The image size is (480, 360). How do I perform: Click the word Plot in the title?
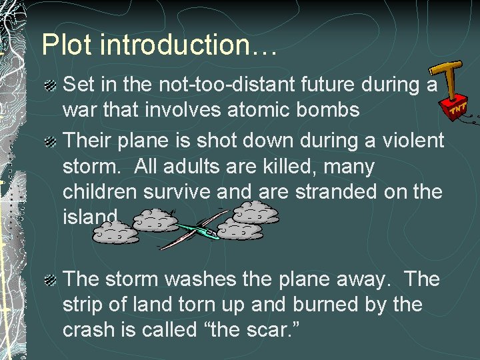click(x=69, y=45)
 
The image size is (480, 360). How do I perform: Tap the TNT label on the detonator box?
click(x=457, y=109)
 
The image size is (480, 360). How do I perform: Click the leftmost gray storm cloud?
click(x=115, y=231)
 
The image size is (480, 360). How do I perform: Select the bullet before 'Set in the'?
click(x=51, y=86)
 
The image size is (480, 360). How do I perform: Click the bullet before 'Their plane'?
click(x=51, y=142)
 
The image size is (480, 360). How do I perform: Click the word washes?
click(x=221, y=279)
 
